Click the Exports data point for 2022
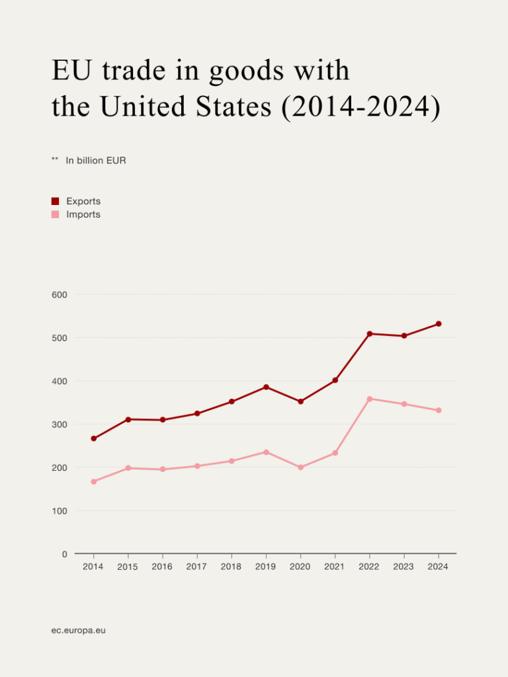point(369,334)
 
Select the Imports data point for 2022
point(369,399)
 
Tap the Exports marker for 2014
point(93,438)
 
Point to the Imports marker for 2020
point(300,467)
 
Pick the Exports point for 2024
point(439,324)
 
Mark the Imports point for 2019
point(266,452)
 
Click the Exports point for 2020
point(300,401)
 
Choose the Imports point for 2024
point(439,411)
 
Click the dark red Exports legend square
point(56,201)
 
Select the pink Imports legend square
point(56,214)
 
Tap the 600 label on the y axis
point(60,294)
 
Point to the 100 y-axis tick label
point(60,511)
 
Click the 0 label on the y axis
point(65,554)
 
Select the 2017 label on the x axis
point(196,567)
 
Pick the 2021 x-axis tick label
point(335,567)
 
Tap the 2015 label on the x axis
point(128,567)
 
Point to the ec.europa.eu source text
point(79,630)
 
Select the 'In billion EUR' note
point(96,161)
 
